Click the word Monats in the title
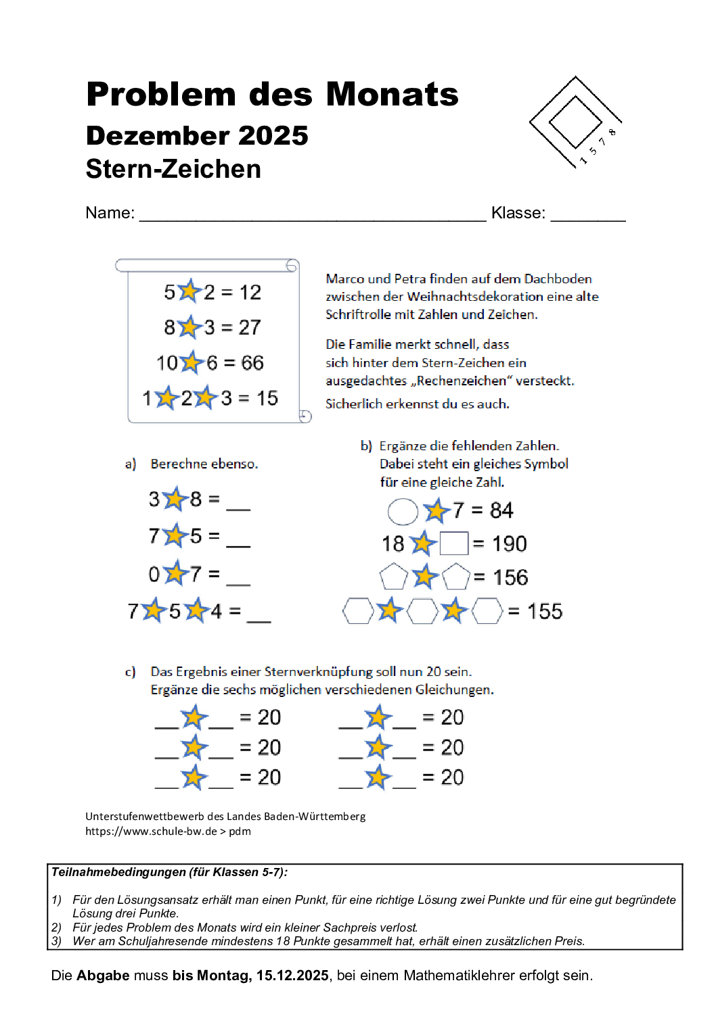[x=392, y=94]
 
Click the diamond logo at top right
[x=575, y=122]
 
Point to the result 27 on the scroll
[x=250, y=328]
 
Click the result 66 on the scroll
[x=252, y=363]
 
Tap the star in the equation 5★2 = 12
[x=189, y=291]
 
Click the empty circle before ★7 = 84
[x=403, y=512]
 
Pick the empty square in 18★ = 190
[x=454, y=544]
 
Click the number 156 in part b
[x=510, y=578]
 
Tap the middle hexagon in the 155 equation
[x=422, y=611]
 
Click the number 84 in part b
[x=501, y=510]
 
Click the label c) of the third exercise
[x=130, y=672]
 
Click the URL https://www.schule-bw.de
[x=151, y=832]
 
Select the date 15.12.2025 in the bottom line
[x=292, y=975]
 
